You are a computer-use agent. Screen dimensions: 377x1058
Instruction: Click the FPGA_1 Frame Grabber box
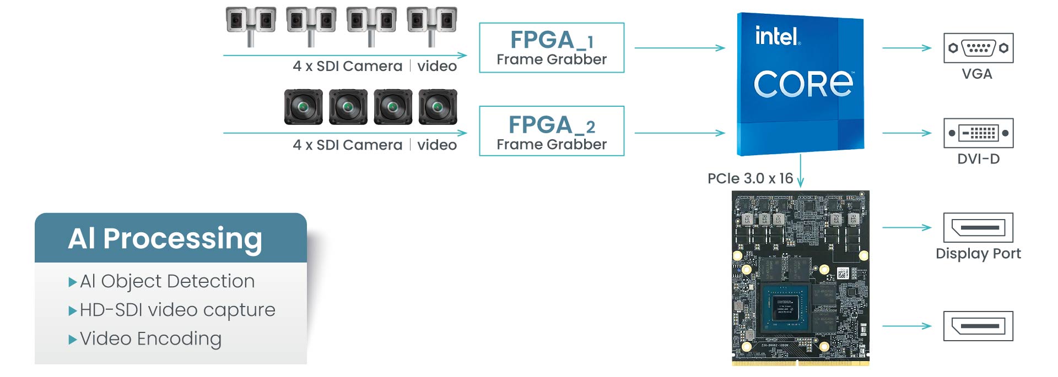click(x=552, y=48)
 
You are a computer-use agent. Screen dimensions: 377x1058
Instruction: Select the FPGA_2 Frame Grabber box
click(x=552, y=132)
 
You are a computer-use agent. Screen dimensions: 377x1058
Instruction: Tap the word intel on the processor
click(x=776, y=36)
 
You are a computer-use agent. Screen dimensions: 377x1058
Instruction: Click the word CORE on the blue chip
click(x=803, y=84)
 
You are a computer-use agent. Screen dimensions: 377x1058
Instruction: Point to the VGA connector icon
click(x=978, y=48)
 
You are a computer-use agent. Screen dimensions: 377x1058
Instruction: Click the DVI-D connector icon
click(x=978, y=133)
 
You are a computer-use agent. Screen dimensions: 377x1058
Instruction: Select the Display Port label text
click(x=978, y=254)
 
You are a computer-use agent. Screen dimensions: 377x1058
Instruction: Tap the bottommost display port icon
click(x=978, y=326)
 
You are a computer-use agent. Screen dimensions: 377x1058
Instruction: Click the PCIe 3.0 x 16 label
click(x=750, y=178)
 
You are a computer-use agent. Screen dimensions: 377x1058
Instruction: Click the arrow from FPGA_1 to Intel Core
click(x=679, y=48)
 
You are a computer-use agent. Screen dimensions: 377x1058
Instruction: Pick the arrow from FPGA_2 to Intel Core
click(x=679, y=133)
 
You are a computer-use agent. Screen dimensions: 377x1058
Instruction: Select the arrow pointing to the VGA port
click(x=906, y=48)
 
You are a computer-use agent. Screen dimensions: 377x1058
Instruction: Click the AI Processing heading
click(x=165, y=238)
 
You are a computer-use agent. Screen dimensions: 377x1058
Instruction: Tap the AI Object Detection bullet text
click(x=167, y=281)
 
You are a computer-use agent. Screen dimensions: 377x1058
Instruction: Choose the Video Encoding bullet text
click(x=150, y=338)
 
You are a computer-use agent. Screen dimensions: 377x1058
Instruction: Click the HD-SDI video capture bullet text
click(x=177, y=310)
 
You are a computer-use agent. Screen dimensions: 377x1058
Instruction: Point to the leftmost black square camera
click(x=303, y=107)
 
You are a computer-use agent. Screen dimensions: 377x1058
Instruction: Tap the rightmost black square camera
click(x=438, y=107)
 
